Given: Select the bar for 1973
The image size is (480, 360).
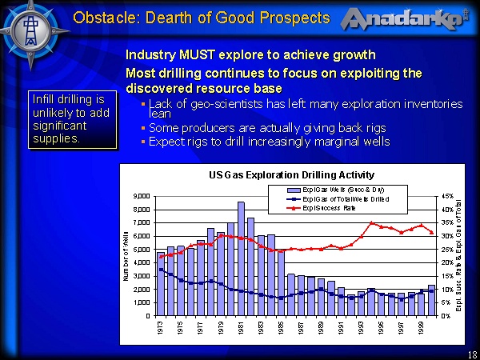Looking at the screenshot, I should pyautogui.click(x=161, y=283).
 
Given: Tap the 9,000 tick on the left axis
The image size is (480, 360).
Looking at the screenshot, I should pyautogui.click(x=142, y=196).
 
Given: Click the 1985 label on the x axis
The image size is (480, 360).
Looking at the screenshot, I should pyautogui.click(x=279, y=330).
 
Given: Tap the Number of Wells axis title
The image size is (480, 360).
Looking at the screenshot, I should pyautogui.click(x=126, y=255).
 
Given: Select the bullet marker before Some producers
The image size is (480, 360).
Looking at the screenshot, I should pyautogui.click(x=142, y=128).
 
